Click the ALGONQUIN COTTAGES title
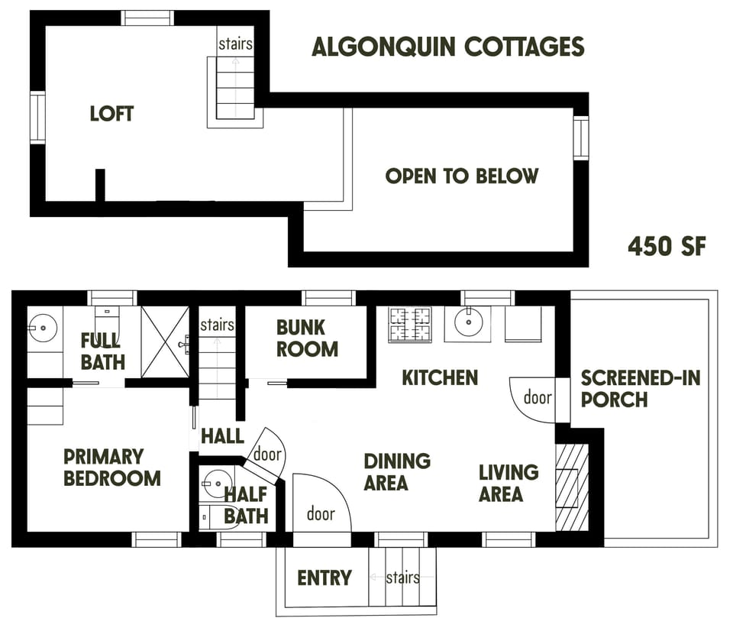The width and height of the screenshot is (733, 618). click(x=448, y=47)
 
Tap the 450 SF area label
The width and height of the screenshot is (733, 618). click(x=667, y=247)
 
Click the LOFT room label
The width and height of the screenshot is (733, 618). click(x=111, y=115)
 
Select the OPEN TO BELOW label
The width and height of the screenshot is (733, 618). click(x=461, y=176)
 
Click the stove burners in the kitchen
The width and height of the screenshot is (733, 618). click(x=410, y=324)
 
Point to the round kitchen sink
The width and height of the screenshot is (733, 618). click(x=467, y=322)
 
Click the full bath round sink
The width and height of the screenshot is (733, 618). click(x=40, y=328)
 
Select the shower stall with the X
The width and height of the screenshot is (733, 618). click(x=164, y=341)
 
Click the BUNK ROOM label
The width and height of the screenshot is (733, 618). click(x=307, y=338)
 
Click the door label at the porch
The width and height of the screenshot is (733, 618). click(x=538, y=397)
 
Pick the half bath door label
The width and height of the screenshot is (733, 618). click(x=266, y=455)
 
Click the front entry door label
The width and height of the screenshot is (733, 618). click(x=321, y=514)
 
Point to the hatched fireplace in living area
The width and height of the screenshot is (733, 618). click(x=572, y=487)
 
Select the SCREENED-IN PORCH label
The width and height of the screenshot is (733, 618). click(x=640, y=388)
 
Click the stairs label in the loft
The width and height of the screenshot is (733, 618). click(x=234, y=44)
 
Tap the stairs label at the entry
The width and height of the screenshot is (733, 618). click(x=402, y=578)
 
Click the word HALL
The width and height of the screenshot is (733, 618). click(x=222, y=437)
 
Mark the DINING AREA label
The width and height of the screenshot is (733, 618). click(x=396, y=472)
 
